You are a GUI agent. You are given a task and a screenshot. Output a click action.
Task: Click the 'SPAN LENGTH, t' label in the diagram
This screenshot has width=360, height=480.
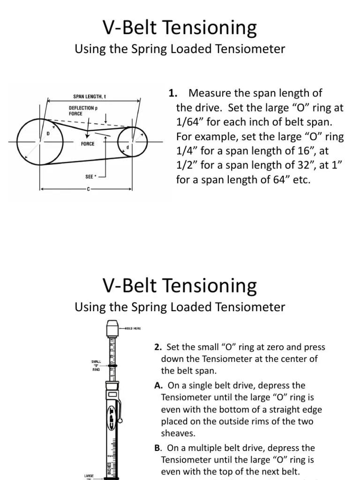[90, 97]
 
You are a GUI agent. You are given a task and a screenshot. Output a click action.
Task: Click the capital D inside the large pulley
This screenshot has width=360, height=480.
[47, 133]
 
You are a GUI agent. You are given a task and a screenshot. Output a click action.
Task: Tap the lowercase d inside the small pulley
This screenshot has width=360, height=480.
[127, 147]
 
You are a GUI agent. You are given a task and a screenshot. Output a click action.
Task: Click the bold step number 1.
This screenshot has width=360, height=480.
[172, 93]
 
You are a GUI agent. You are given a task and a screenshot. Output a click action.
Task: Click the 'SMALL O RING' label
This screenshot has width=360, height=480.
[97, 365]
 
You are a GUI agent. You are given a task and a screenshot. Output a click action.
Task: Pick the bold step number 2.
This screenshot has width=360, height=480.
[157, 347]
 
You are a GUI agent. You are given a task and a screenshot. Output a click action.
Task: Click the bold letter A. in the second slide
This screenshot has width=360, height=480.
[157, 385]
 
